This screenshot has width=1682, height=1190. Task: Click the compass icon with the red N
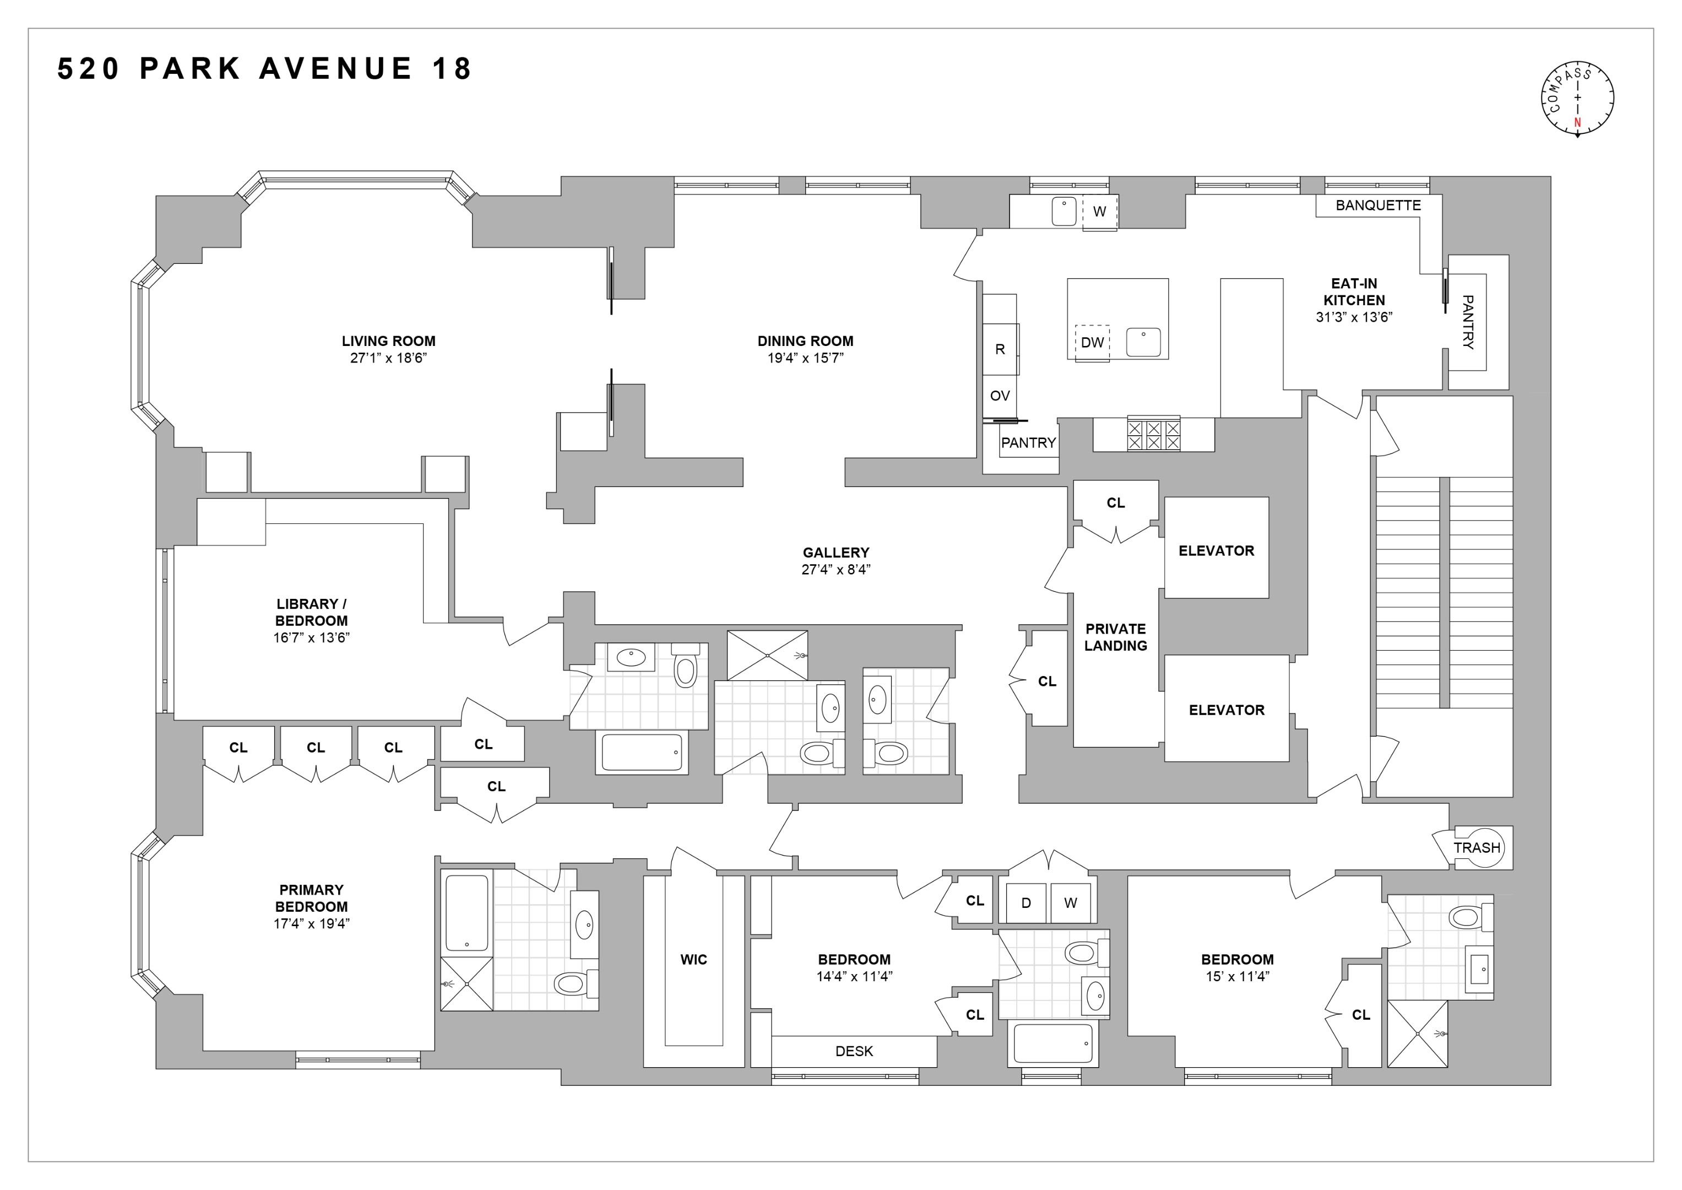click(1577, 98)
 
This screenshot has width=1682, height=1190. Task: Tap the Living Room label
click(388, 340)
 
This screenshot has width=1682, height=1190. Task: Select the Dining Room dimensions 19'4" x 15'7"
click(805, 358)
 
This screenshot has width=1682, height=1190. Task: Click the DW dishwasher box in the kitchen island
click(1092, 342)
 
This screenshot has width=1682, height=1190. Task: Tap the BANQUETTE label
click(1377, 205)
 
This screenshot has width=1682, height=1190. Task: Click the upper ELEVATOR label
click(1216, 550)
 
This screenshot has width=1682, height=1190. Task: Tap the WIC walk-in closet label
click(693, 959)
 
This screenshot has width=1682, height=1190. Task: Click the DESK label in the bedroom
click(854, 1051)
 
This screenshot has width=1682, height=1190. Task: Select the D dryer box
click(1025, 903)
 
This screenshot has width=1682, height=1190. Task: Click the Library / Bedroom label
click(311, 612)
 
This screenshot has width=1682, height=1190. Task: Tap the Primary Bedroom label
click(311, 897)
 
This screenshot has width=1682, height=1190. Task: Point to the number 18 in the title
click(452, 69)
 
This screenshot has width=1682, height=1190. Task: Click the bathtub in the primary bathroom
click(466, 913)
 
